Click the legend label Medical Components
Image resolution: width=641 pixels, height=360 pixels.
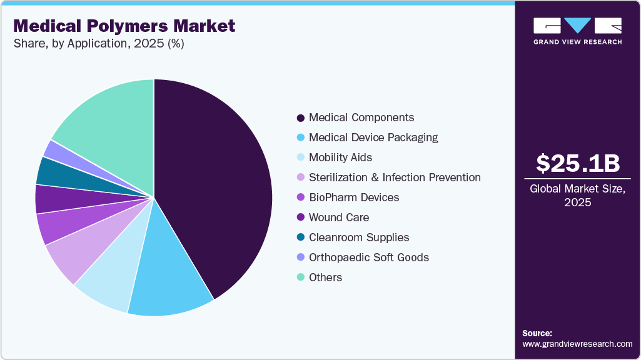pyautogui.click(x=361, y=117)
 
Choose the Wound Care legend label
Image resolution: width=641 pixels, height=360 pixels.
pyautogui.click(x=339, y=217)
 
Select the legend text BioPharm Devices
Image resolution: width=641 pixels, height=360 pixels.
pyautogui.click(x=354, y=197)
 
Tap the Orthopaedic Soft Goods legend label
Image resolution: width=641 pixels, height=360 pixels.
pyautogui.click(x=369, y=257)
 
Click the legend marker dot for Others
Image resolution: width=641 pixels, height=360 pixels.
pyautogui.click(x=301, y=277)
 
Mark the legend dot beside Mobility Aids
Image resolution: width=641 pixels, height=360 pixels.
pyautogui.click(x=301, y=157)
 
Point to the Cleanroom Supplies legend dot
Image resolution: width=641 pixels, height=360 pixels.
pyautogui.click(x=301, y=237)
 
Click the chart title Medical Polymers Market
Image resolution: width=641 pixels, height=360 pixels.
pyautogui.click(x=124, y=26)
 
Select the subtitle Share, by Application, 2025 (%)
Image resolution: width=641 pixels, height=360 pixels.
pyautogui.click(x=98, y=44)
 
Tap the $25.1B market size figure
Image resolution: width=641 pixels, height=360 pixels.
pyautogui.click(x=578, y=164)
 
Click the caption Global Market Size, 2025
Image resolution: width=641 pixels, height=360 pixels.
pyautogui.click(x=578, y=196)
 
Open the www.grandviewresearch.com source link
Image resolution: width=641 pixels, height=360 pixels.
pyautogui.click(x=577, y=344)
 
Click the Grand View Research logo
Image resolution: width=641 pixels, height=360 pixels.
pyautogui.click(x=577, y=31)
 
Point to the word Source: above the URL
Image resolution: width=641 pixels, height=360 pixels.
pyautogui.click(x=537, y=333)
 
